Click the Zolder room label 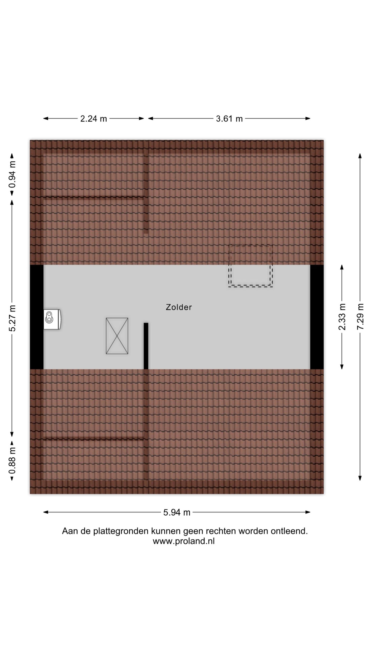tap(179, 307)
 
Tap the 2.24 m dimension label tap(94, 119)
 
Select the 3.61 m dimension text tap(229, 119)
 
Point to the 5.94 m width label tap(177, 512)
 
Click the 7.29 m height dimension tap(360, 316)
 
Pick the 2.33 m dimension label tap(342, 317)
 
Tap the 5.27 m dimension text tap(12, 318)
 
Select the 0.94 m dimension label tap(12, 175)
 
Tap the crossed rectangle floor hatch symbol tap(117, 336)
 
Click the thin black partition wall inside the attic tap(146, 346)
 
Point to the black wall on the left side tap(37, 317)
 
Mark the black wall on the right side tap(317, 317)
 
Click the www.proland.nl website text tap(184, 541)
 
